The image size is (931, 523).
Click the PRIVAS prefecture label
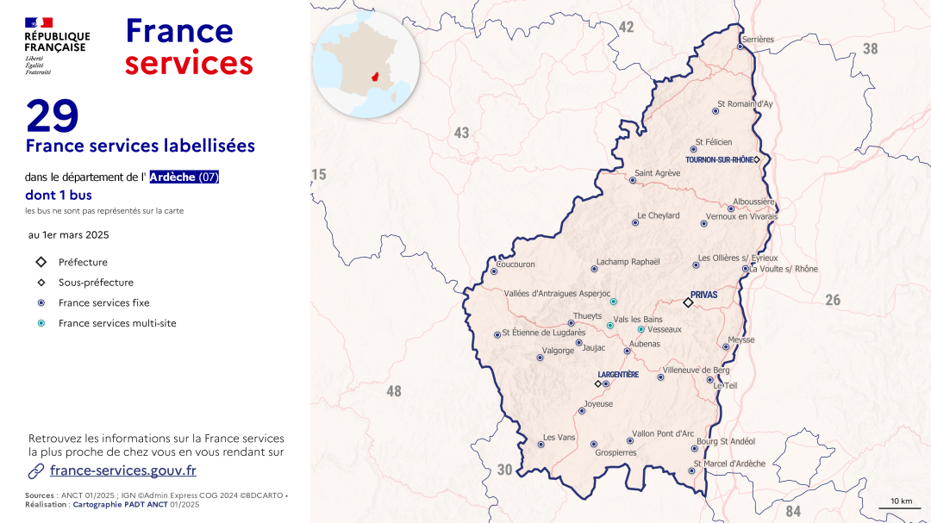[703, 295]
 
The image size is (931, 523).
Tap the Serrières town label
[759, 39]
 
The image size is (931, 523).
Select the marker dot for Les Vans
[541, 445]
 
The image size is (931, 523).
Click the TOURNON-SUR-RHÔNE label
[719, 160]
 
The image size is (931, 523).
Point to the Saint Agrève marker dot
[633, 180]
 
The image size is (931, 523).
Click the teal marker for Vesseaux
[640, 329]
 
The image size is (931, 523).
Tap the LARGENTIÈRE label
[618, 375]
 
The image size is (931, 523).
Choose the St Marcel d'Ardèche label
[729, 464]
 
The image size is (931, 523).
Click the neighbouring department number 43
[462, 133]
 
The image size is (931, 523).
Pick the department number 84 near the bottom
[793, 512]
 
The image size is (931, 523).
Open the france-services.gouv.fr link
[123, 470]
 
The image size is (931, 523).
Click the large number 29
[53, 115]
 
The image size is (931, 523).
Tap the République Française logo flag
[39, 22]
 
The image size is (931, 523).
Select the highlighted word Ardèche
[172, 177]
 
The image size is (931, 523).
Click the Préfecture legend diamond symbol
[41, 262]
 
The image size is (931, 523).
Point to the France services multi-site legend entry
[117, 324]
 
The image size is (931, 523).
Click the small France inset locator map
[366, 64]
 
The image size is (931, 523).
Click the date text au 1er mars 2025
[69, 234]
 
